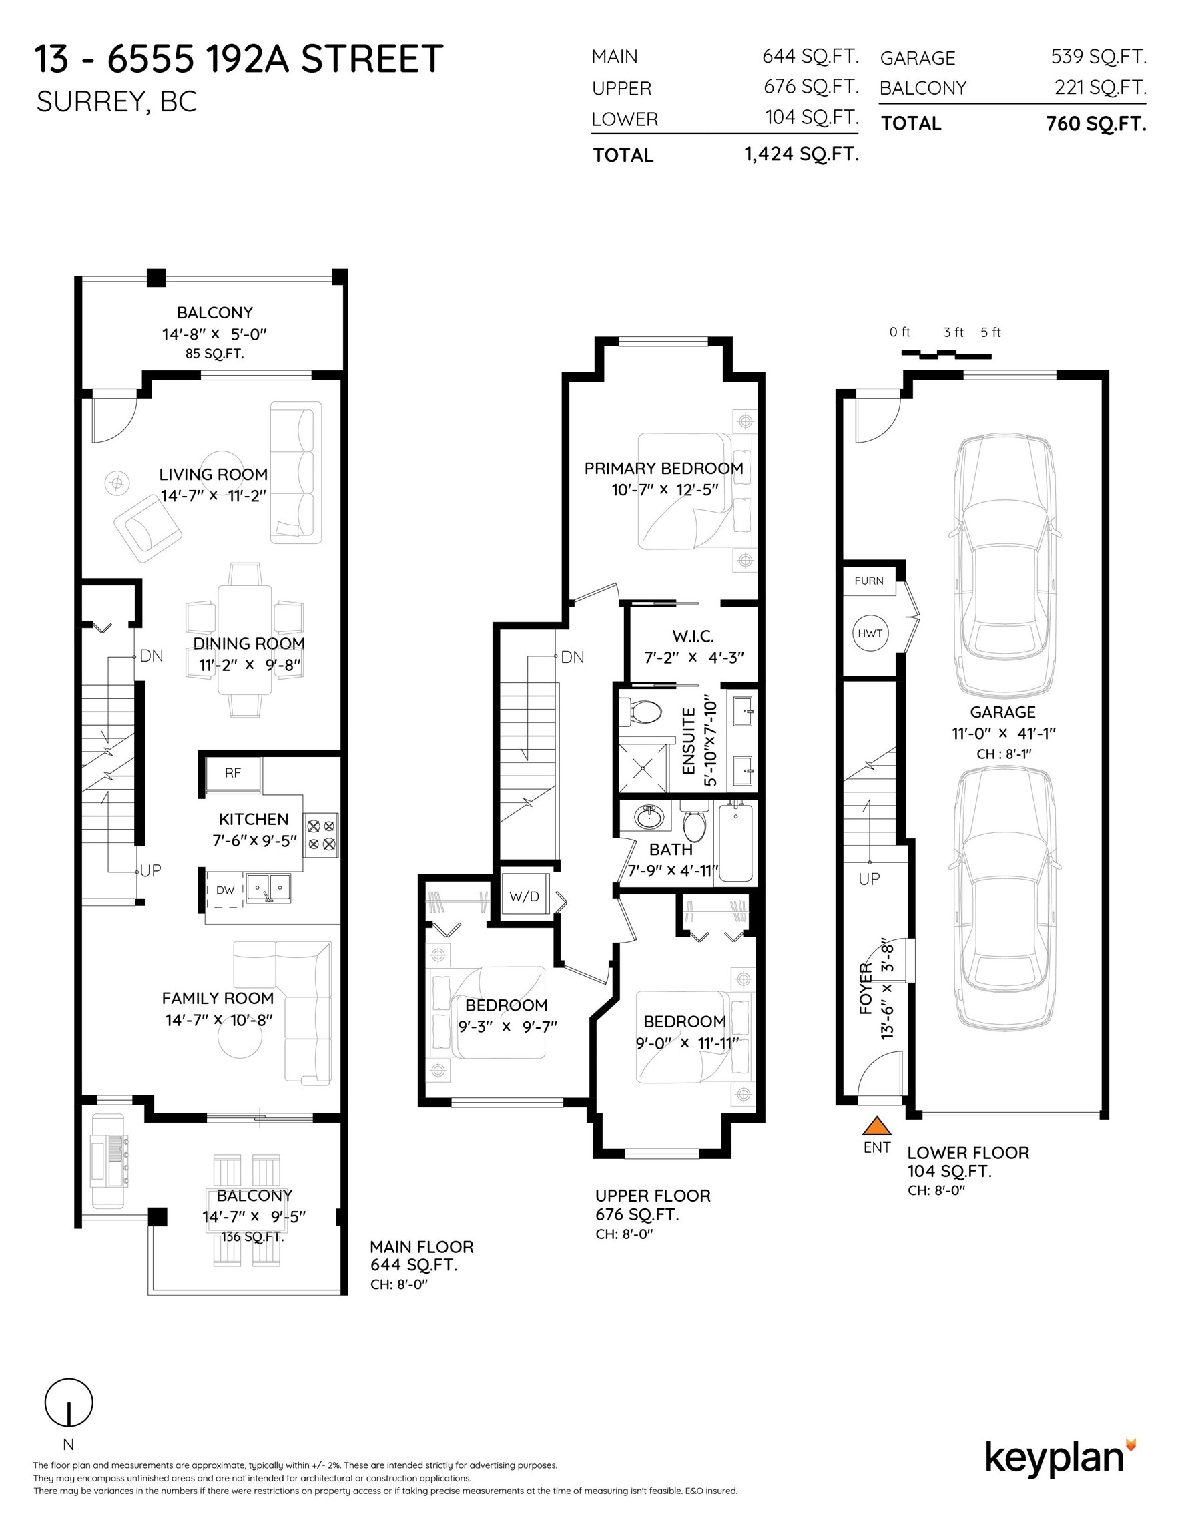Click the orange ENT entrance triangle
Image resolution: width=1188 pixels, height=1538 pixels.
[877, 1126]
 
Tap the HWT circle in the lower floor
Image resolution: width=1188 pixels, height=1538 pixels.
[870, 633]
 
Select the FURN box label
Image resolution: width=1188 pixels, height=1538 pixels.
[868, 581]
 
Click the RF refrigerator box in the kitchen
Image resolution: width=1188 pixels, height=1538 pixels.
[233, 773]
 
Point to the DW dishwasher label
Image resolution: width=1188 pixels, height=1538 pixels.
[226, 890]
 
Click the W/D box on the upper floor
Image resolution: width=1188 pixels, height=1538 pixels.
[524, 896]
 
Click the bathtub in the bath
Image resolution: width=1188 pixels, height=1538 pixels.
[735, 842]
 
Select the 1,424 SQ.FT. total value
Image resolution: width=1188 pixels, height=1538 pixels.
[802, 154]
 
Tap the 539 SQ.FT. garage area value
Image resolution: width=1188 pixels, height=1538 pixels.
[1098, 56]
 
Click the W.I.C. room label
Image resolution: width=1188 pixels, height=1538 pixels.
[693, 636]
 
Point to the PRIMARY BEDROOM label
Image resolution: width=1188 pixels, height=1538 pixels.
[663, 469]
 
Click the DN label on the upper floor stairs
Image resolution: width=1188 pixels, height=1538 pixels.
[573, 657]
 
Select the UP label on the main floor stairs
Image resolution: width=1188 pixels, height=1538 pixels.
[150, 870]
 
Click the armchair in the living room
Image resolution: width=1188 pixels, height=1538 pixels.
[148, 527]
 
